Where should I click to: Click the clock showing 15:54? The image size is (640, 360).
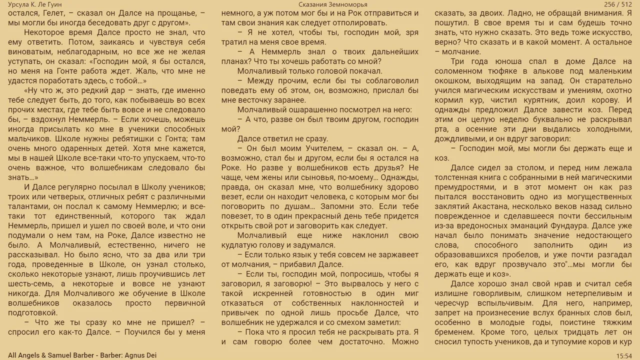[x=624, y=355]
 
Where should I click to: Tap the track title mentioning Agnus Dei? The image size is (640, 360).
[x=82, y=355]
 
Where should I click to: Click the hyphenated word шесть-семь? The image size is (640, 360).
[x=29, y=283]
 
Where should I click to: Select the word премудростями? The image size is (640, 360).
[x=461, y=187]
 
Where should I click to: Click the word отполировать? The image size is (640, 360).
[x=354, y=23]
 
